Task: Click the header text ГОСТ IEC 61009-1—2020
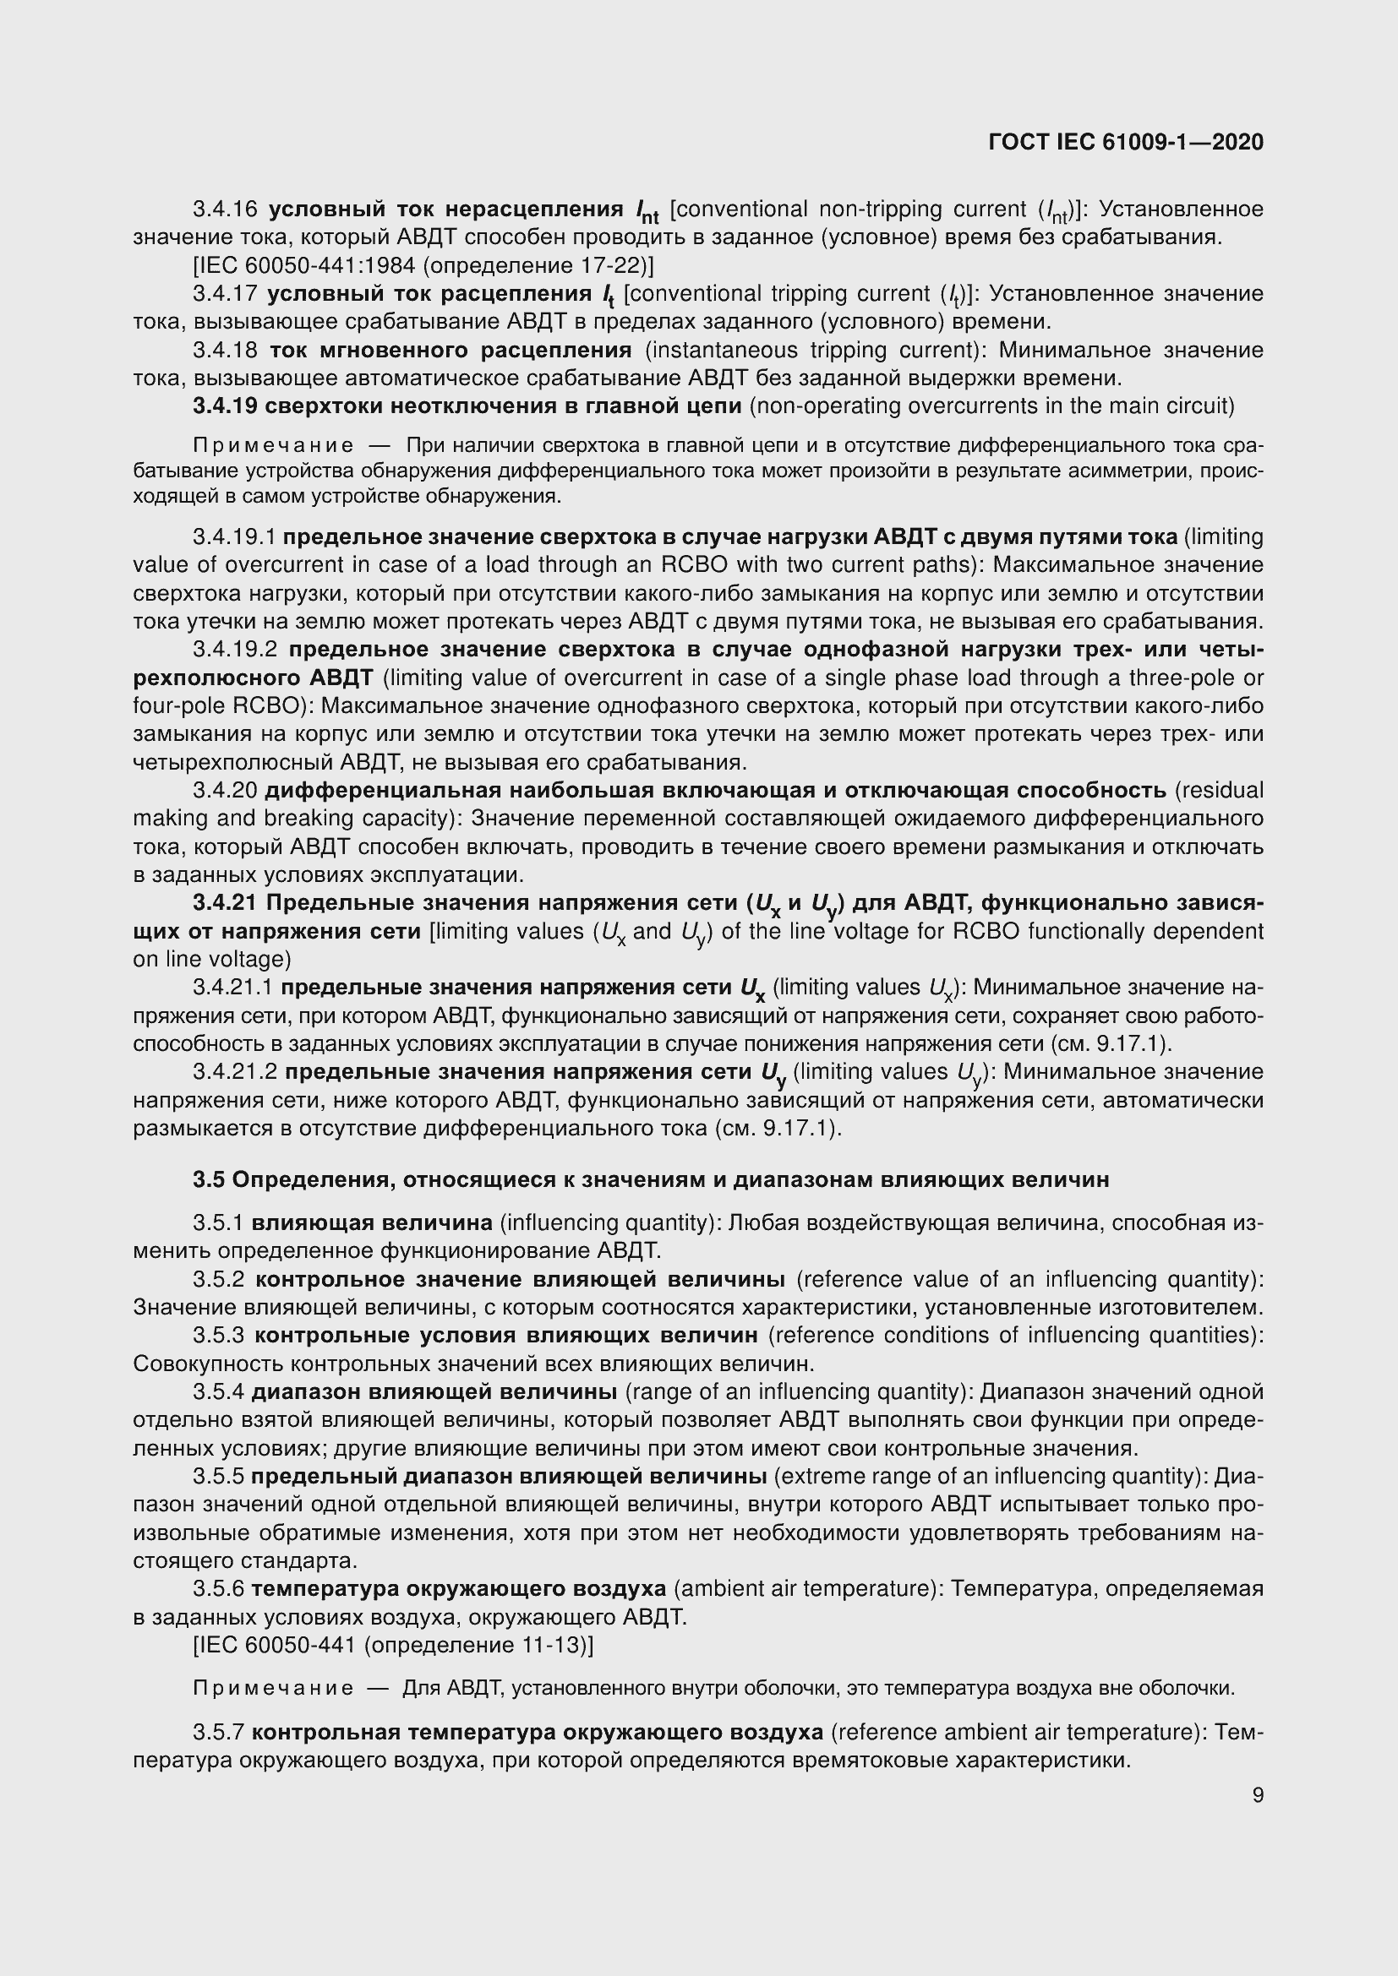click(1126, 143)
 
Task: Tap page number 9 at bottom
click(1258, 1795)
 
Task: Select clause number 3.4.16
click(225, 210)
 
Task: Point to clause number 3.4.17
click(225, 294)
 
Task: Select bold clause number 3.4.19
click(225, 406)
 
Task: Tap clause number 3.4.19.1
click(234, 538)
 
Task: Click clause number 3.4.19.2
click(234, 650)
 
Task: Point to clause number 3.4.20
click(225, 791)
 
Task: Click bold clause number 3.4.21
click(225, 904)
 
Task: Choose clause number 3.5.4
click(219, 1392)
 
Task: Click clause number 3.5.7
click(219, 1732)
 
